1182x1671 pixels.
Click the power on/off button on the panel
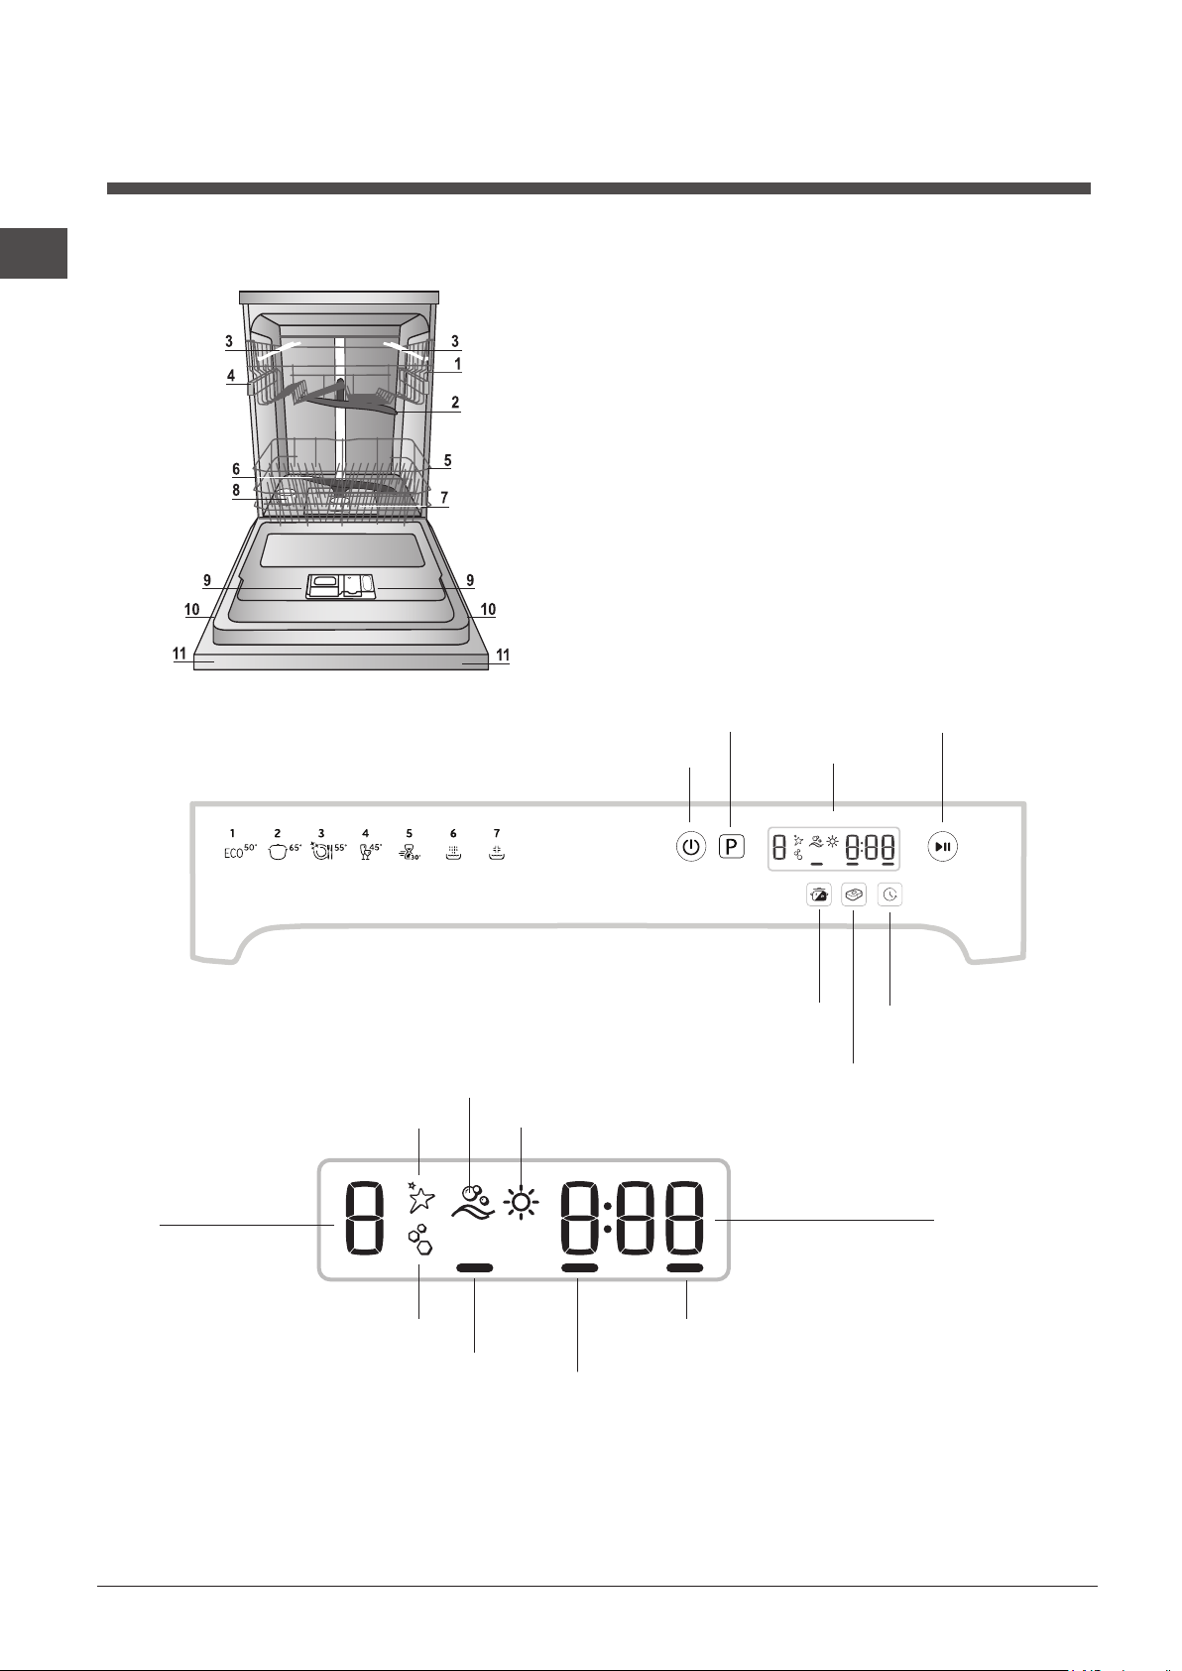tap(691, 848)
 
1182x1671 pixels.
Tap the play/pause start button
tap(943, 847)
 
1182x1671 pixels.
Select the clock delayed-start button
tap(890, 895)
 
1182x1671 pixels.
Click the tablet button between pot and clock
tap(854, 895)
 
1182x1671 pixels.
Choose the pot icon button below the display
tap(819, 895)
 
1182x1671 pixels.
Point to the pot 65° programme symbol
tap(285, 852)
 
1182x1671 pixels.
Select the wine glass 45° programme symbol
tap(370, 852)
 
